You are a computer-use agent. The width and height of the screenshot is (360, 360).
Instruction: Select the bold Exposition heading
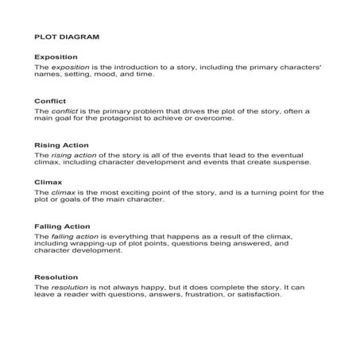pyautogui.click(x=56, y=57)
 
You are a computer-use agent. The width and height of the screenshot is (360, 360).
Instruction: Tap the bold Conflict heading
pyautogui.click(x=50, y=101)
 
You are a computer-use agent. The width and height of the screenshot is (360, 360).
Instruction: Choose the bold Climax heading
pyautogui.click(x=48, y=181)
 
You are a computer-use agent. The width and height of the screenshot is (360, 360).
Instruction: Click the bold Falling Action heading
pyautogui.click(x=63, y=226)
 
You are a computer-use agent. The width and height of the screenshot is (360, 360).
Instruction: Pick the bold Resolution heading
pyautogui.click(x=56, y=277)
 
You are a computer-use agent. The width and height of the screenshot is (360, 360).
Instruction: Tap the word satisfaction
pyautogui.click(x=257, y=296)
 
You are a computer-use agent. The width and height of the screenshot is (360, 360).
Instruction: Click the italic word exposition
pyautogui.click(x=67, y=68)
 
